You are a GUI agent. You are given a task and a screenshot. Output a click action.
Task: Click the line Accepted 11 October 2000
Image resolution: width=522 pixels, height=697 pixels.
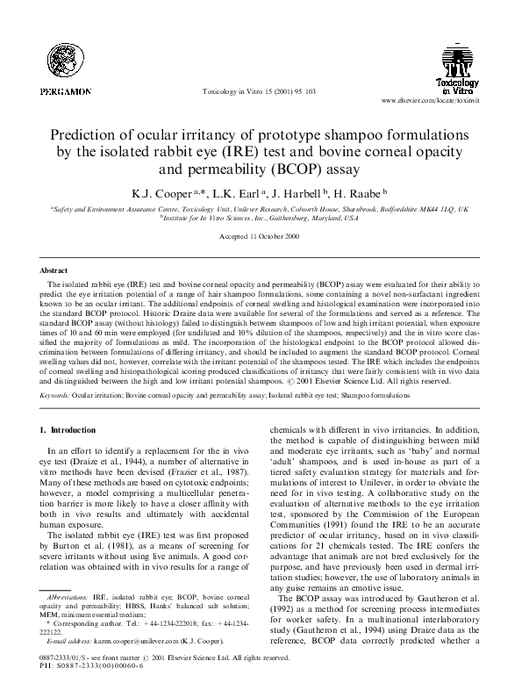(261, 238)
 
